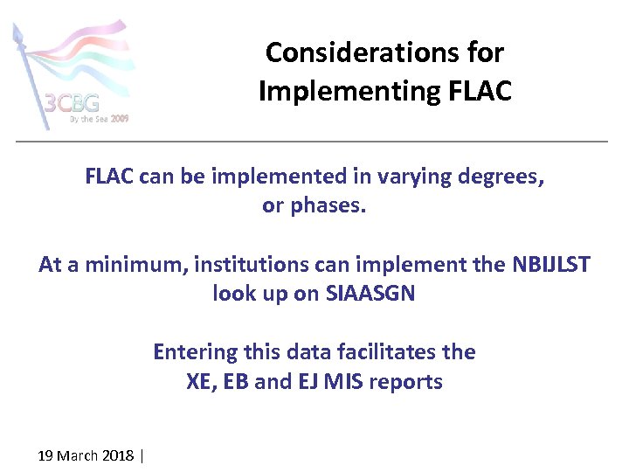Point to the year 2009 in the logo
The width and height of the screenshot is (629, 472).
[120, 118]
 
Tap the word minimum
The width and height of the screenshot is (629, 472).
[135, 264]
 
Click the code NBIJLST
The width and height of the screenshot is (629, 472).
[549, 264]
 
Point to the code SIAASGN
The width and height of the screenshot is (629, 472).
[370, 294]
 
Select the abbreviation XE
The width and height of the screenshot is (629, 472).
[200, 382]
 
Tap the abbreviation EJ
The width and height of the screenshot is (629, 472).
[307, 382]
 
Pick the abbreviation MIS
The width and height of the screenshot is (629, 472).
[346, 382]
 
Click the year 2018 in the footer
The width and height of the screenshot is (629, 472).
[118, 455]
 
